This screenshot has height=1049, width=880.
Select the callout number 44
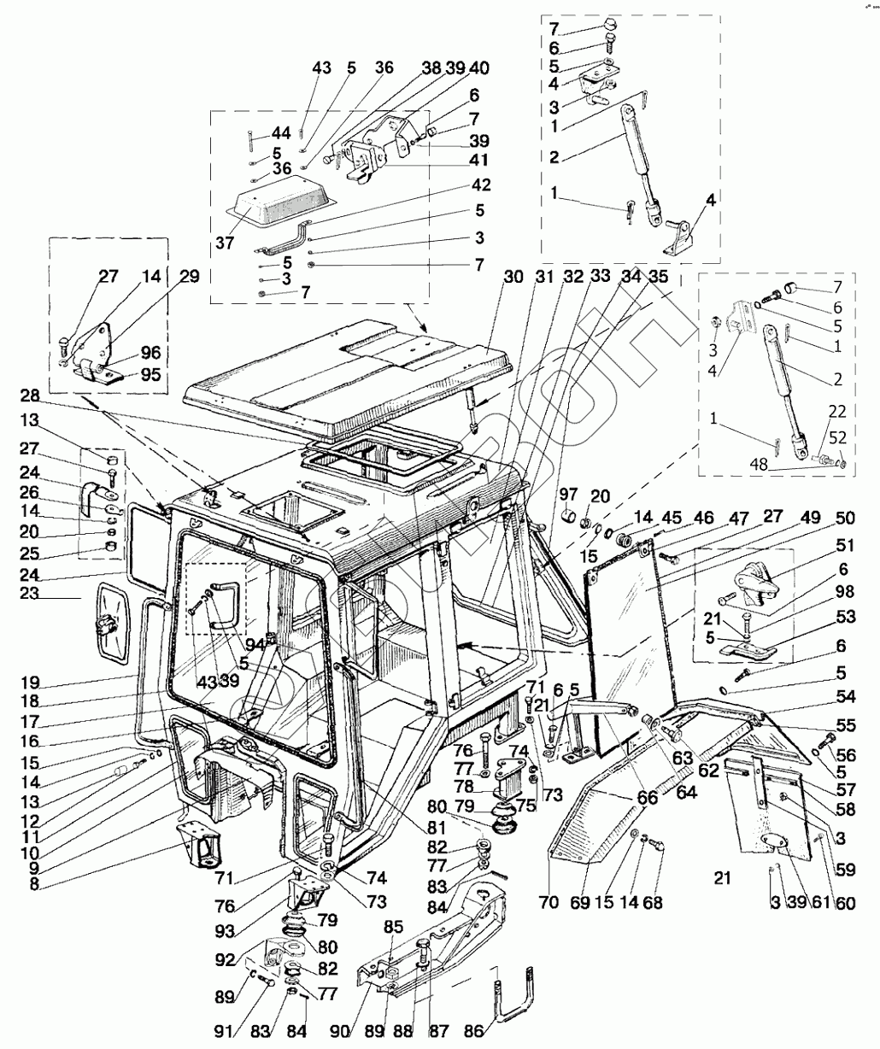pos(281,132)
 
